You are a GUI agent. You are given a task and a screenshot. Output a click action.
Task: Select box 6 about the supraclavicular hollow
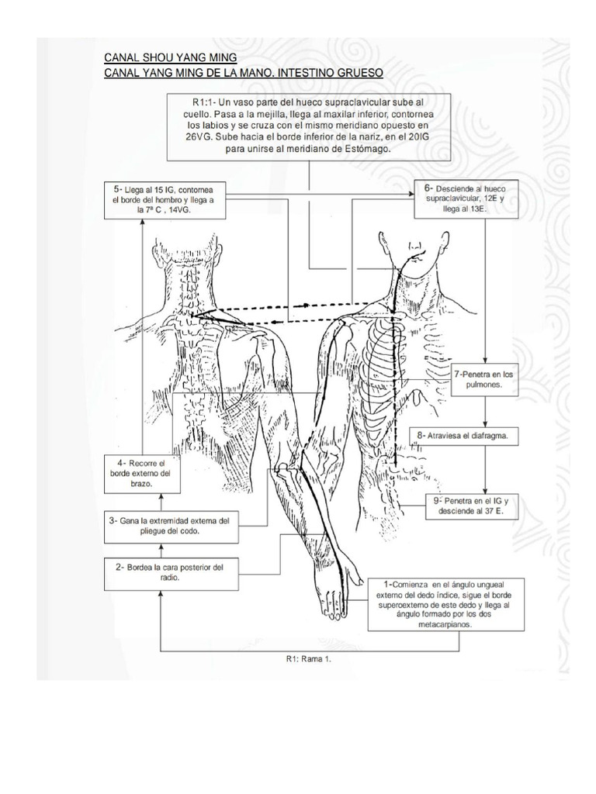[464, 198]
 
